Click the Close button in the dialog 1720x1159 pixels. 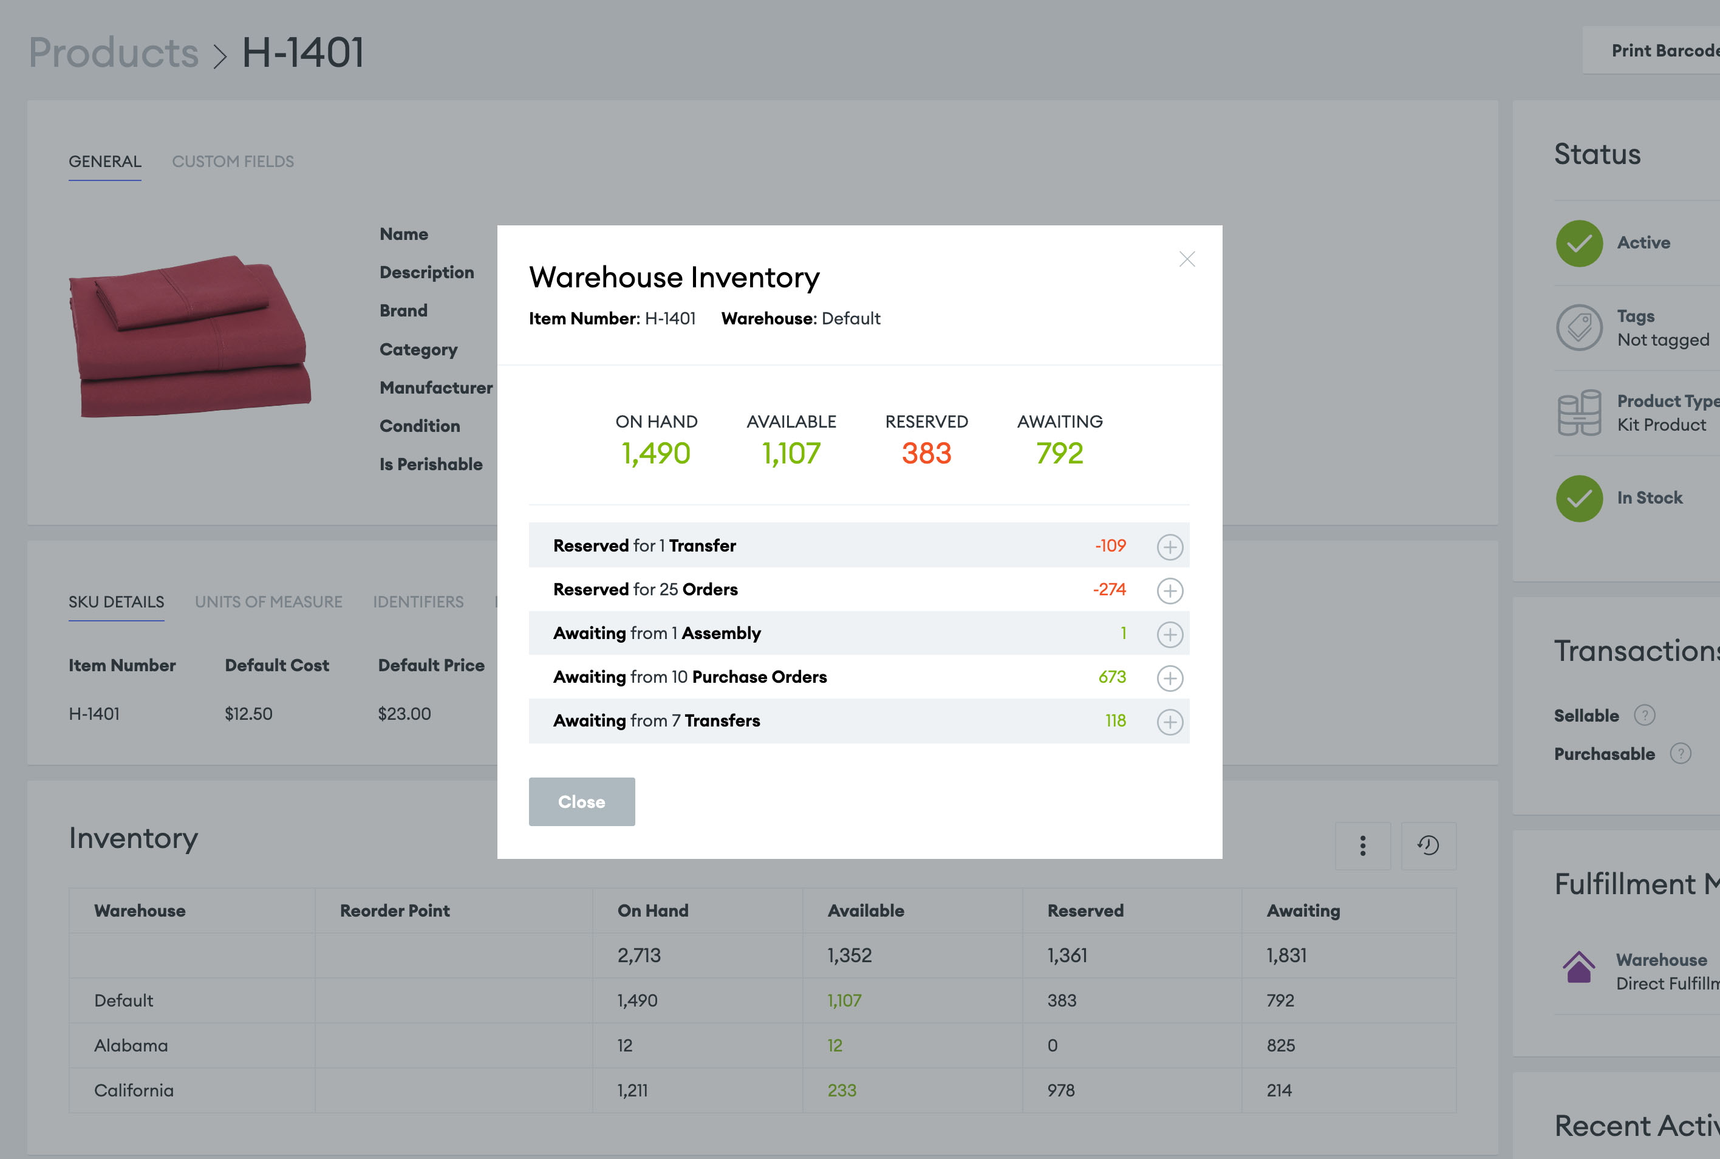[x=581, y=801]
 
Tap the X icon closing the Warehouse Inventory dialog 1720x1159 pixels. [x=1187, y=259]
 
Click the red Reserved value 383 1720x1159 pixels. [x=926, y=453]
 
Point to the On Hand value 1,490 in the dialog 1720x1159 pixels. [x=655, y=453]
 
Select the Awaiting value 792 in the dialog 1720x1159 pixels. [x=1059, y=453]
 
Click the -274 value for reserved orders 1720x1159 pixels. [x=1109, y=589]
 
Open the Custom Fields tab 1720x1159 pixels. [x=233, y=161]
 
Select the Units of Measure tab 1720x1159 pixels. [x=268, y=602]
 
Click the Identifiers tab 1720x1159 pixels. [x=418, y=602]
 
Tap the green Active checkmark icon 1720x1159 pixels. [x=1579, y=243]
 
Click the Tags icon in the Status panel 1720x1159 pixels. [x=1579, y=327]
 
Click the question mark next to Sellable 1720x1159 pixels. [x=1644, y=715]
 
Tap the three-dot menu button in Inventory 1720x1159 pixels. [x=1362, y=846]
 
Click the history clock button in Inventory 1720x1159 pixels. [x=1428, y=846]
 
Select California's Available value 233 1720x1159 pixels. [x=842, y=1090]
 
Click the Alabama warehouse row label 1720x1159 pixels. [x=131, y=1045]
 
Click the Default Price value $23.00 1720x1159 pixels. [x=404, y=713]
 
